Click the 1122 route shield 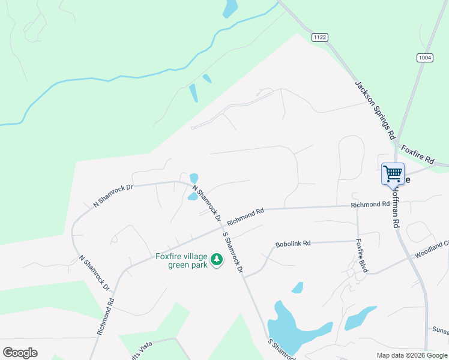(x=320, y=37)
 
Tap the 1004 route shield (x=425, y=57)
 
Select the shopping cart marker (x=393, y=174)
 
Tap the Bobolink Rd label (x=293, y=244)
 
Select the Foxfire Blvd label (x=361, y=256)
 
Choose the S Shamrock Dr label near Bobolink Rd (x=232, y=253)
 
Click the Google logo (x=20, y=353)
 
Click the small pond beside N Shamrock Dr (x=193, y=178)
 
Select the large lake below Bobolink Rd (x=294, y=329)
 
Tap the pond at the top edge (x=230, y=8)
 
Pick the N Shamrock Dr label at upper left (x=112, y=196)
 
